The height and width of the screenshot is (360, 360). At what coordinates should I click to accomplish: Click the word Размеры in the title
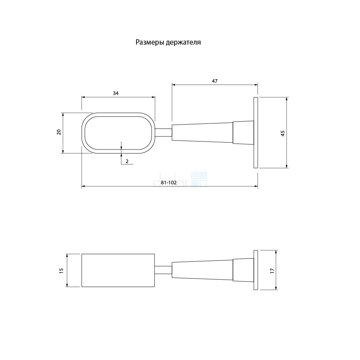150,42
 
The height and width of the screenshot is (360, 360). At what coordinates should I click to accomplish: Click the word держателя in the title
184,42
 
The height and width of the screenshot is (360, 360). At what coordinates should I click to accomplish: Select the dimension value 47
215,81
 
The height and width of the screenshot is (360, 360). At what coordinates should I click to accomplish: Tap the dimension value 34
116,93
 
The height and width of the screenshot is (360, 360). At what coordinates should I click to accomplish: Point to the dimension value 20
59,132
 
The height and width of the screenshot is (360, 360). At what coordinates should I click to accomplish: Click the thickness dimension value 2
127,161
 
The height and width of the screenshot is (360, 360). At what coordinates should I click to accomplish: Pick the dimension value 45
283,134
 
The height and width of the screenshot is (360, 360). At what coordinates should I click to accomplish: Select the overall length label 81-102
169,183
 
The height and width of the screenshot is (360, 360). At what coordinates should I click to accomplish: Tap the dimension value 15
61,271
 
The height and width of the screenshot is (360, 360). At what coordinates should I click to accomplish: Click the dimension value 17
273,271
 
